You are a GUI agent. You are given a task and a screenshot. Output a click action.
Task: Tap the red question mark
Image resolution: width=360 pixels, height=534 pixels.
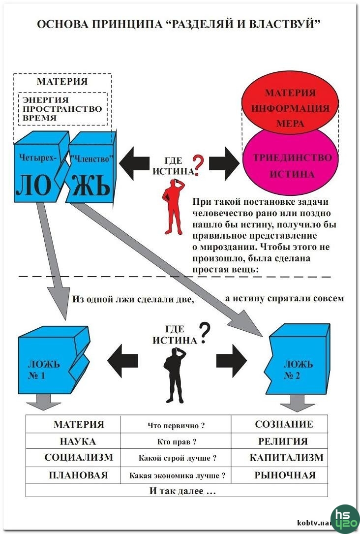coord(198,165)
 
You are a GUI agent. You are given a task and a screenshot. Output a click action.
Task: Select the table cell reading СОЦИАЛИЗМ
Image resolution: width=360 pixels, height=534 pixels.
coord(79,458)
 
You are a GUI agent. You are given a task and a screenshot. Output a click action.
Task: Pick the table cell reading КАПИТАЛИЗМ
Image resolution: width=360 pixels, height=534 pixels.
coord(286,458)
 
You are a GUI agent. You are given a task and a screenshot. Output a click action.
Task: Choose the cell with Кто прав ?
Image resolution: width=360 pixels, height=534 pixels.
coord(176,441)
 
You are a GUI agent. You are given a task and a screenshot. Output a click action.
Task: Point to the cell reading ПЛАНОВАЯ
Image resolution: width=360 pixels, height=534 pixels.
coord(78,475)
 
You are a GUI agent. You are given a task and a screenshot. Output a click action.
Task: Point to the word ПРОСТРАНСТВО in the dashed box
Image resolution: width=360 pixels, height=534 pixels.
coord(62,109)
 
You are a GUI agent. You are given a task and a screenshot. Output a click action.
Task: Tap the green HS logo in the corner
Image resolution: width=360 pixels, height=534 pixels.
coord(345,518)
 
